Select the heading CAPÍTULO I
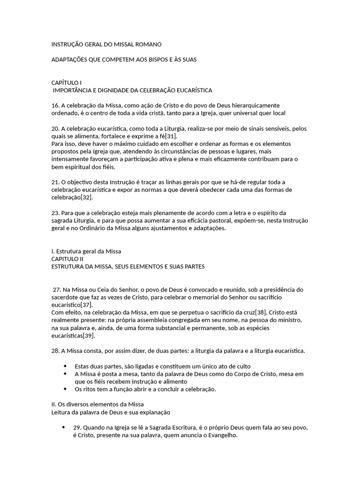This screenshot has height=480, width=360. (66, 82)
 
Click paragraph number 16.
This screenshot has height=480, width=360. (55, 105)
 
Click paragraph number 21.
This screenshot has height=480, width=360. (55, 182)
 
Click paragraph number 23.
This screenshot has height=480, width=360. (55, 212)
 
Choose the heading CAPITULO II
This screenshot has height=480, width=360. (67, 258)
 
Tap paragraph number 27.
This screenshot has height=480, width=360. (57, 289)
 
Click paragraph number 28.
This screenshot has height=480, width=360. (55, 351)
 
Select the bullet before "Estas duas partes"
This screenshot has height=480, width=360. (64, 366)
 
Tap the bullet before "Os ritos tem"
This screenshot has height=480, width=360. (64, 389)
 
